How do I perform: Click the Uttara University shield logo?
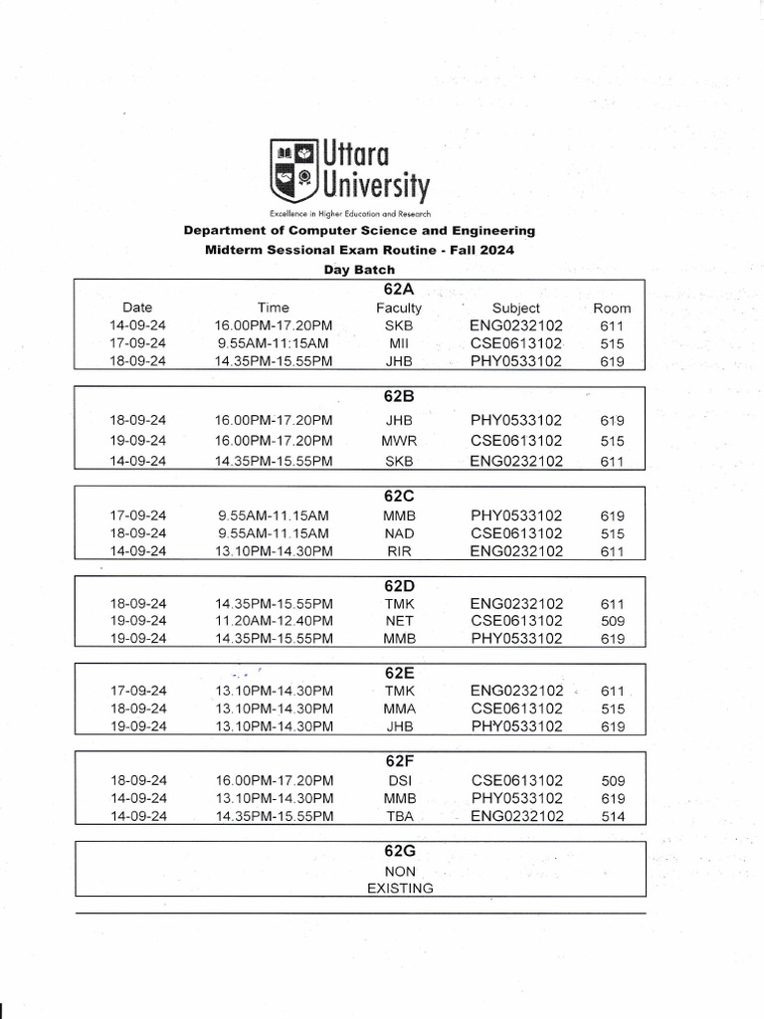(x=291, y=171)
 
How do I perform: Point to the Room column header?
(x=612, y=307)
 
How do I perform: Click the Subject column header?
(x=516, y=307)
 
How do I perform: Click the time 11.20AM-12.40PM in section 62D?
(x=274, y=621)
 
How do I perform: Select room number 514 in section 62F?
(x=613, y=817)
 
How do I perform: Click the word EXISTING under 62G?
(x=400, y=888)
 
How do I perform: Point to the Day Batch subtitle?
(x=359, y=270)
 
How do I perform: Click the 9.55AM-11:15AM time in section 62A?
(x=274, y=343)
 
